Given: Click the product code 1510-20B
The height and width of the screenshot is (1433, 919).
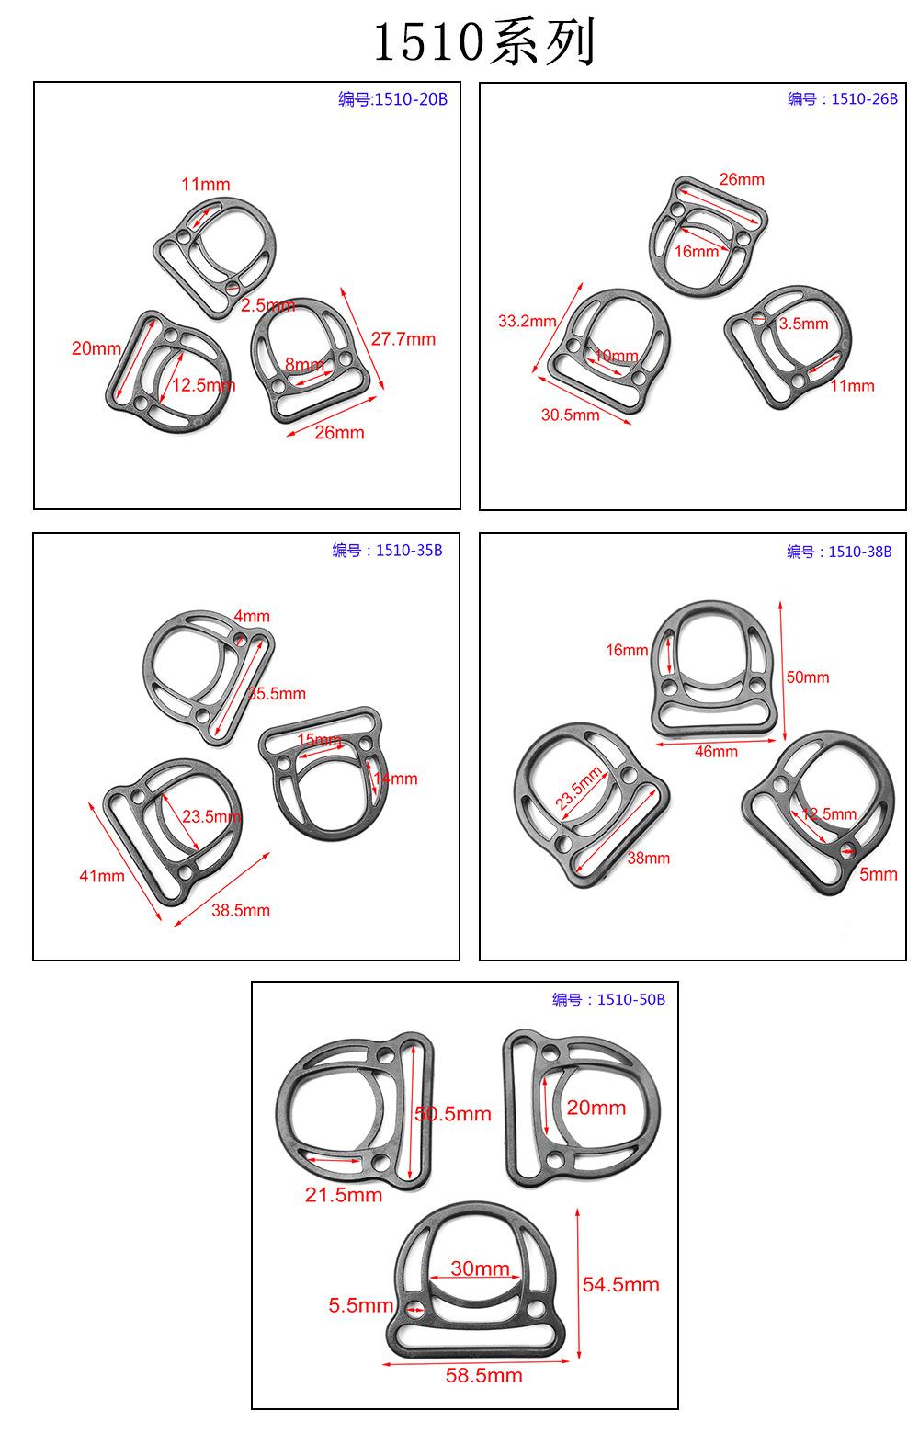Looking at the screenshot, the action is click(411, 99).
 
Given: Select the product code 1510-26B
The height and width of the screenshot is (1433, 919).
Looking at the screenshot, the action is click(864, 98).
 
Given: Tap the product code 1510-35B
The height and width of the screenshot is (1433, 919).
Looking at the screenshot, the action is click(409, 551).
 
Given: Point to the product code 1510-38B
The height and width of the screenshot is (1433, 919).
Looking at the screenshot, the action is click(859, 552).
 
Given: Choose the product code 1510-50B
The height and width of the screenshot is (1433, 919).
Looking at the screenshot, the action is click(630, 999).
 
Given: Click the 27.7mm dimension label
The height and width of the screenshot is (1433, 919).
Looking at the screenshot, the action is click(403, 339).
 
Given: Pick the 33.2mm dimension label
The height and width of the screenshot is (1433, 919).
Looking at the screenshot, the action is click(527, 321).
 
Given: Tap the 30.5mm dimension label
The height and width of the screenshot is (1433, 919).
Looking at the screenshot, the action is click(570, 415).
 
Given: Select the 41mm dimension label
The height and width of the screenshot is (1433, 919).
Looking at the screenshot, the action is click(102, 876).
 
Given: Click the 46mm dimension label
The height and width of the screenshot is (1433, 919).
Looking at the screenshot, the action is click(716, 752).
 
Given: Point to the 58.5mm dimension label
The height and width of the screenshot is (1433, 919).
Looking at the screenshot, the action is click(483, 1375).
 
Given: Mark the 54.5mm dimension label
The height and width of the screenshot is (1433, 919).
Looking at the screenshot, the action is click(620, 1285).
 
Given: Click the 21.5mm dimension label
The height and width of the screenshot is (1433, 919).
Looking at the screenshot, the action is click(344, 1195).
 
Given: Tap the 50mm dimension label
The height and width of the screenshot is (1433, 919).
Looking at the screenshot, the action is click(808, 677).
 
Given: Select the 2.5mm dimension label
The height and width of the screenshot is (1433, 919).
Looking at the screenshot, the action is click(268, 305).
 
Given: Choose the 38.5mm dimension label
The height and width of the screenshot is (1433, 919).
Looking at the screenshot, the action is click(241, 910).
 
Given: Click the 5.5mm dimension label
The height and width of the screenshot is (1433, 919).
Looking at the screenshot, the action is click(360, 1305).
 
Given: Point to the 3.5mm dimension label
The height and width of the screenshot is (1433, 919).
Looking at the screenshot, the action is click(803, 324).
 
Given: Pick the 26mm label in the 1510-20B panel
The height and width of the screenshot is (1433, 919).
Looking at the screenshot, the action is click(339, 433).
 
